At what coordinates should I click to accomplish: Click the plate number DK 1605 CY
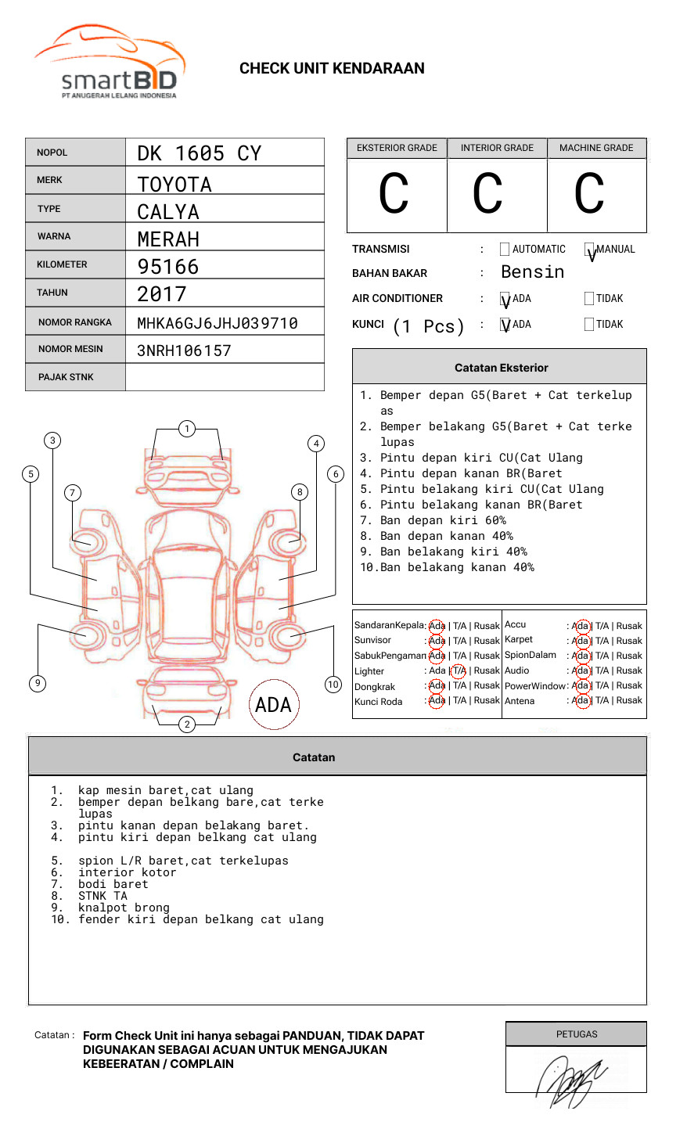tap(199, 153)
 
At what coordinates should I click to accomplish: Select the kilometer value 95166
tap(168, 267)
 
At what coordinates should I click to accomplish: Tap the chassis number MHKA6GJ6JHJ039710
tap(217, 323)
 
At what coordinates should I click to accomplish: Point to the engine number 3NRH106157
tap(184, 351)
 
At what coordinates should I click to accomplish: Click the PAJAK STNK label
tap(66, 377)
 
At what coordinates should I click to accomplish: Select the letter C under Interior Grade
tap(488, 194)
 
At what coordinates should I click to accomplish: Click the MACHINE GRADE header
tap(596, 148)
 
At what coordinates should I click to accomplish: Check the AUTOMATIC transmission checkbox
tap(505, 250)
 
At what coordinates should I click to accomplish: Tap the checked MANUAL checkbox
tap(589, 250)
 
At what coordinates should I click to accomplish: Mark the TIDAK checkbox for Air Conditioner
tap(589, 298)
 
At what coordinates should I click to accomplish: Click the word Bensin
tap(532, 272)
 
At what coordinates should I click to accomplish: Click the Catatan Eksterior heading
tap(501, 368)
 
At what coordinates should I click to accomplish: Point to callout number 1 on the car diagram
tap(186, 428)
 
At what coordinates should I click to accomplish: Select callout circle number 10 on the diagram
tap(333, 685)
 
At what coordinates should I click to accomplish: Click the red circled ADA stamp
tap(273, 705)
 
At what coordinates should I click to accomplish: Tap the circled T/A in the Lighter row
tap(459, 670)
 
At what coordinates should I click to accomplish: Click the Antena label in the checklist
tap(520, 701)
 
